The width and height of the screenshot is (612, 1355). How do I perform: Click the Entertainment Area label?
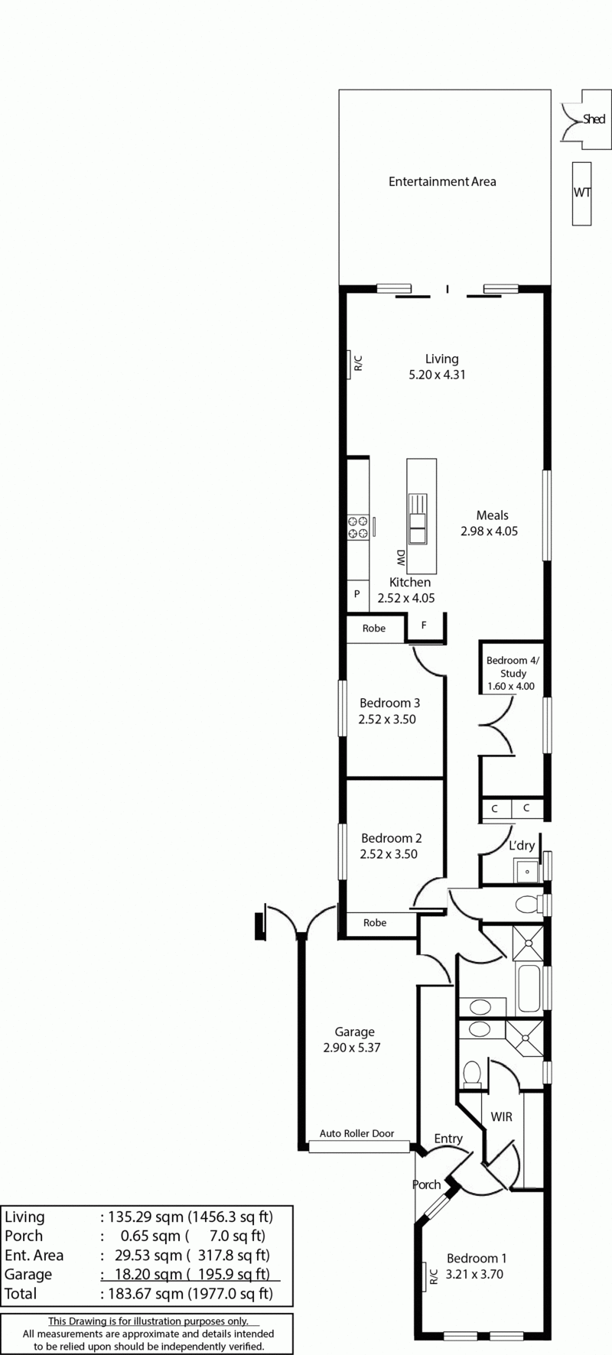click(x=442, y=182)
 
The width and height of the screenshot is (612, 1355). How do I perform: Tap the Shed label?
click(x=594, y=119)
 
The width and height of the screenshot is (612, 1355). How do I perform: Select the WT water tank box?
click(x=582, y=193)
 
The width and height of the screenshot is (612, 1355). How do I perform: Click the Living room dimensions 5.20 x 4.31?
click(x=438, y=375)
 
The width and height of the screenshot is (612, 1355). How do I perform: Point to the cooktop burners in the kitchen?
click(x=358, y=527)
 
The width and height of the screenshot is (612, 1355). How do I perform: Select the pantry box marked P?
click(x=357, y=594)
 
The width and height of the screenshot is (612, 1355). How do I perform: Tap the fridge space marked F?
click(x=424, y=626)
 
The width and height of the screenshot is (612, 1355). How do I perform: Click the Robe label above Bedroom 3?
click(x=374, y=629)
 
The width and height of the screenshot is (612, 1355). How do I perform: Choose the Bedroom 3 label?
click(x=390, y=703)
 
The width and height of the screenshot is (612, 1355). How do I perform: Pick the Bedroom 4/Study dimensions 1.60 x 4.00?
click(x=511, y=687)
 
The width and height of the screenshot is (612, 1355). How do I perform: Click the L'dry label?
click(x=522, y=846)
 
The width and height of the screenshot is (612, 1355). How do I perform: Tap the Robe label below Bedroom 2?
click(x=375, y=923)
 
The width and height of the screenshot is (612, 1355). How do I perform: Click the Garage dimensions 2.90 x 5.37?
click(x=352, y=1048)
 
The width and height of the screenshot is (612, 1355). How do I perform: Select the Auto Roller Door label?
click(x=357, y=1133)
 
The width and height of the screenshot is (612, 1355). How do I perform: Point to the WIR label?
click(x=502, y=1117)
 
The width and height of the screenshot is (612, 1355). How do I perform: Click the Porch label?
click(x=427, y=1184)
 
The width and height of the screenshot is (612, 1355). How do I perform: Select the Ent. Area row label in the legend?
click(x=34, y=1256)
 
